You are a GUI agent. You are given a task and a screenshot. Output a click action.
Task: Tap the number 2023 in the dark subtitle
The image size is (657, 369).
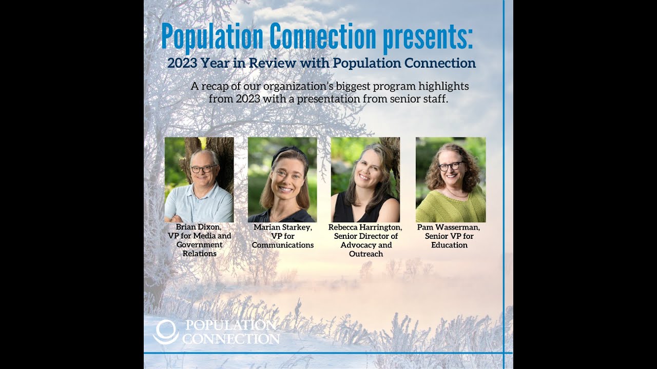[185, 64]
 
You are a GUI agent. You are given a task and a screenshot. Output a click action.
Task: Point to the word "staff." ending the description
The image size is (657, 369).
[435, 99]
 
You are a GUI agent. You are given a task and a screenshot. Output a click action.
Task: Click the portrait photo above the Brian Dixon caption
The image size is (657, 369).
[199, 179]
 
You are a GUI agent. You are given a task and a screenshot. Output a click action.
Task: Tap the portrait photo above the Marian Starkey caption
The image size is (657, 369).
[282, 179]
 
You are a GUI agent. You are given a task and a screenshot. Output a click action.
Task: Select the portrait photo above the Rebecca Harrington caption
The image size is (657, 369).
[365, 179]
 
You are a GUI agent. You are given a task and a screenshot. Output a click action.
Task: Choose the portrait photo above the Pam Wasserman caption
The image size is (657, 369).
[451, 179]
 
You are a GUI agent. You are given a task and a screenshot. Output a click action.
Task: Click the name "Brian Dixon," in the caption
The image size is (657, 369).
[199, 227]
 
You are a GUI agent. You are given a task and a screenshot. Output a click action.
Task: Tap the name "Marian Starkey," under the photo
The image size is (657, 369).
[282, 227]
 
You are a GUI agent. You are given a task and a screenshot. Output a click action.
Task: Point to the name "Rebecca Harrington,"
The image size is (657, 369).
[365, 227]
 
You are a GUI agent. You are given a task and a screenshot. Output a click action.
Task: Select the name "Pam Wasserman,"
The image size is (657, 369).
[449, 227]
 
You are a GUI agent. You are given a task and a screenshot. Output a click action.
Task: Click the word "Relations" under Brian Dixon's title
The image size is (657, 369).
[199, 254]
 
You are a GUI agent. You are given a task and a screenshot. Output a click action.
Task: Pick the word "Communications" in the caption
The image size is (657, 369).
[282, 245]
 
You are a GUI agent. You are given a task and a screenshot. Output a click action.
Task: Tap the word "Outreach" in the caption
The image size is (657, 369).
[365, 254]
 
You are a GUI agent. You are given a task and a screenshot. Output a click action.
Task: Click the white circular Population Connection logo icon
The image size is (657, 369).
[165, 332]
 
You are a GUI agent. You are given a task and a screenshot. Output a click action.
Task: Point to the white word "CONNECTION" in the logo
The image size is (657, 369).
[231, 339]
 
